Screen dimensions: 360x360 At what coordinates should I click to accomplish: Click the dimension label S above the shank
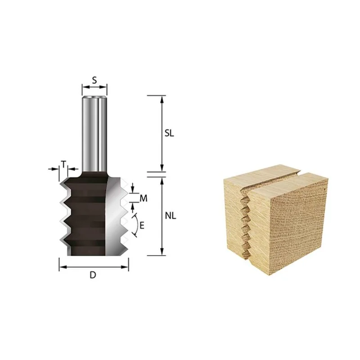(94, 80)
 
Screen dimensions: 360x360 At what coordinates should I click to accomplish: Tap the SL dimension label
(169, 133)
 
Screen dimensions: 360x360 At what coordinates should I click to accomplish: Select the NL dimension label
(171, 216)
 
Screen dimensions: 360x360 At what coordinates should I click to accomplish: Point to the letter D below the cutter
(93, 275)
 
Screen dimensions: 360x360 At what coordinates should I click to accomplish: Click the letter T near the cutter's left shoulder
(63, 164)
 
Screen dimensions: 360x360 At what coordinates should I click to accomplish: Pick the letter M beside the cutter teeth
(144, 198)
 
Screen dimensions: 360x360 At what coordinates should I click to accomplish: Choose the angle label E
(142, 225)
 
